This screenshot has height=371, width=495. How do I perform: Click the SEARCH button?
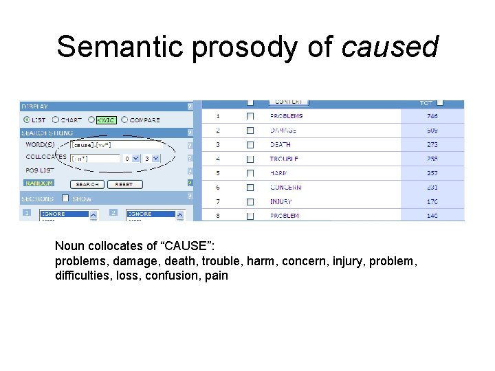tap(87, 184)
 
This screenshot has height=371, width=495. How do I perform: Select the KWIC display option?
tap(106, 120)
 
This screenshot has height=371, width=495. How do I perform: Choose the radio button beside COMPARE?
tap(124, 120)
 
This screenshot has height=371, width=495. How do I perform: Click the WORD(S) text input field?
tap(116, 145)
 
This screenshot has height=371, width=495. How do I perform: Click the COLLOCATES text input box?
tap(95, 158)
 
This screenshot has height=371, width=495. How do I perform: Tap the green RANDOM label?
tap(39, 184)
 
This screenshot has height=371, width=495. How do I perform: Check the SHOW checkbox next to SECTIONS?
tap(65, 199)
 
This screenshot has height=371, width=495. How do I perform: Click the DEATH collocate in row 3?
tap(280, 144)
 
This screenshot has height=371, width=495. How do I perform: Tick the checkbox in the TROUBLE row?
tap(250, 159)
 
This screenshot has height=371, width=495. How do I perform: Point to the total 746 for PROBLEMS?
tap(432, 116)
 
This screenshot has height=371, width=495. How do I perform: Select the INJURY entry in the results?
tap(280, 202)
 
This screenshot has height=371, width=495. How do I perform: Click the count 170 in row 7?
tap(432, 202)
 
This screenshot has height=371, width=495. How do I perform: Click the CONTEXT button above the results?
tap(288, 102)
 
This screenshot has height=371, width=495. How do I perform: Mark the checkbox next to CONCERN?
tap(250, 188)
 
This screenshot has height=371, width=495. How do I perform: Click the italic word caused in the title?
tap(390, 47)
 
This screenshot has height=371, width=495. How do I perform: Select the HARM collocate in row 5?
tap(278, 173)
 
